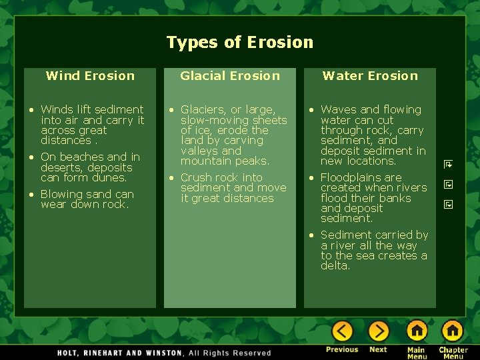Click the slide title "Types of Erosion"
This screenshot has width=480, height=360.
pos(239,43)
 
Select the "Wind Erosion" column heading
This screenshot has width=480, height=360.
pos(90,76)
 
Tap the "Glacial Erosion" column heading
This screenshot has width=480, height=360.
pos(230,76)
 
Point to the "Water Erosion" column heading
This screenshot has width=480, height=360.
pos(370,76)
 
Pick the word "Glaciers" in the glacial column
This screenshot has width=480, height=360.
pos(202,109)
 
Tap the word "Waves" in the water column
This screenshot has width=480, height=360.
pos(338,109)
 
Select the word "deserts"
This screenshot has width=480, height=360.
pos(60,167)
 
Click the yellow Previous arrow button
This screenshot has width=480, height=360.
pos(342,331)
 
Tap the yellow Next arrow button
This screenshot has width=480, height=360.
pos(378,331)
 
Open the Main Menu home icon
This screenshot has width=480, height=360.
pos(417,331)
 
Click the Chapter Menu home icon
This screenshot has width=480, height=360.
pos(453,331)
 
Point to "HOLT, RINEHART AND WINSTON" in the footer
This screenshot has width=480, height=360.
pos(119,353)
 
